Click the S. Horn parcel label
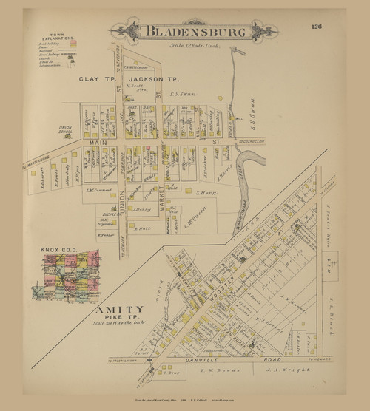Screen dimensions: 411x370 pyautogui.click(x=205, y=193)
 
